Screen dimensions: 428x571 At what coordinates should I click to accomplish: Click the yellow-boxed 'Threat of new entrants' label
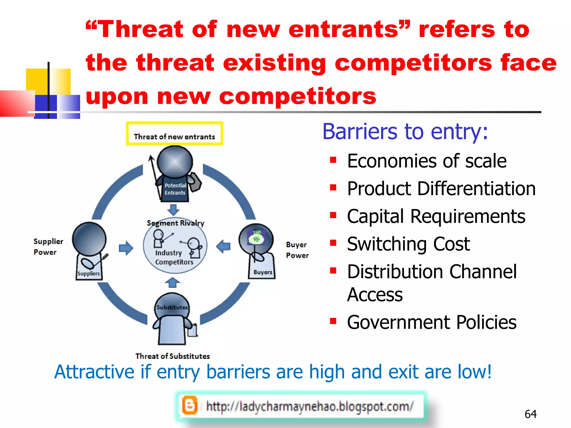click(x=174, y=137)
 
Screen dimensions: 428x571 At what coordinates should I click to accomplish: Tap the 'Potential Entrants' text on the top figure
click(x=175, y=189)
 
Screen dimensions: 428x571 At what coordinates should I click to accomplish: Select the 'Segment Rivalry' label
click(x=175, y=223)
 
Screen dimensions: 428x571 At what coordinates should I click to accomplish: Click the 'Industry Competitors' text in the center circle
click(x=174, y=257)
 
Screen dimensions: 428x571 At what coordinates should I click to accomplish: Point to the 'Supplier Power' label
click(x=48, y=247)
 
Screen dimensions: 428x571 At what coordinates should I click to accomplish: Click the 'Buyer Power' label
click(x=297, y=250)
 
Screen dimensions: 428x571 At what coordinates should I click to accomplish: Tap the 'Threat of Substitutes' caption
click(x=172, y=356)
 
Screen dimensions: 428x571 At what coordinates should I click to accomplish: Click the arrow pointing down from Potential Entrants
click(x=173, y=210)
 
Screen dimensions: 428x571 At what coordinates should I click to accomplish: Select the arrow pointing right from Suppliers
click(x=126, y=248)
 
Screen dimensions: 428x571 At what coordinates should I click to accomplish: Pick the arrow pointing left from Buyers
click(x=223, y=247)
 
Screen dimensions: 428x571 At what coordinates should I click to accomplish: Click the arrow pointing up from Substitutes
click(x=173, y=283)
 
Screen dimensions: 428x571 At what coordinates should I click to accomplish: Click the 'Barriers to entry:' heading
click(x=405, y=132)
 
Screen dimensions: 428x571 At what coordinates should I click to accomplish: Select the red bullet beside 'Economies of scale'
click(x=333, y=160)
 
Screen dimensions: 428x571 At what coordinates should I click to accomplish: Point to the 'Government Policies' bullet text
click(x=432, y=322)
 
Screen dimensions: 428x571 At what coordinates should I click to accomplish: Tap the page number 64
click(x=530, y=414)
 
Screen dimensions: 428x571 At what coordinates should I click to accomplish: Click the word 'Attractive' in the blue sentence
click(x=94, y=372)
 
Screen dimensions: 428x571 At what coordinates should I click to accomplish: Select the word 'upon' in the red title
click(x=117, y=96)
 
